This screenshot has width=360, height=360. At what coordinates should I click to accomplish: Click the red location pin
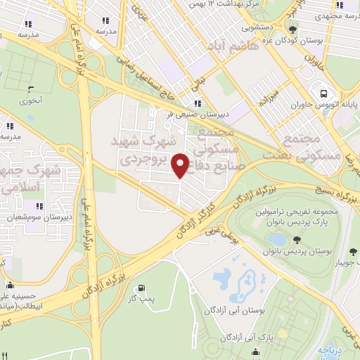(181, 166)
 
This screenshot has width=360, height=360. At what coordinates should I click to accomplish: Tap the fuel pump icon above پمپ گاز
(143, 288)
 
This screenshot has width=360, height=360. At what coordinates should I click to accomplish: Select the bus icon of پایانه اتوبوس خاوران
(323, 94)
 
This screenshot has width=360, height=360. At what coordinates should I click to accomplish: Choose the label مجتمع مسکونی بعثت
(304, 146)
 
